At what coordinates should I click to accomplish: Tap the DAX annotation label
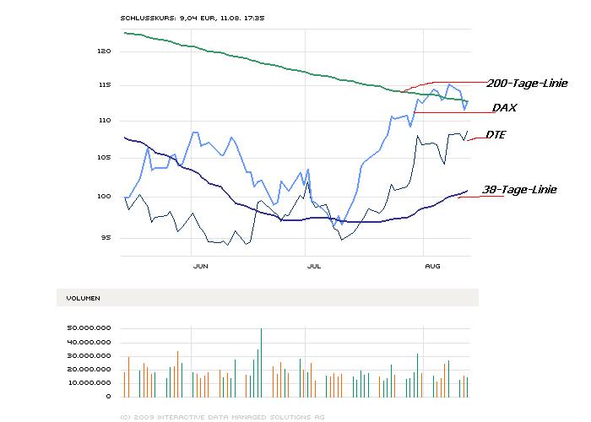505,108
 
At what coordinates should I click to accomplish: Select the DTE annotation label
496,134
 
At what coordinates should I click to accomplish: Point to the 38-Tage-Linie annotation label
518,190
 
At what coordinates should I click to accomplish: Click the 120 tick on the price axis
104,51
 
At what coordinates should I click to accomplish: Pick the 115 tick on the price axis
104,85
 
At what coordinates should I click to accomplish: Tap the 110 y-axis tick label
104,121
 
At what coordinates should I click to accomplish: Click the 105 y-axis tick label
104,158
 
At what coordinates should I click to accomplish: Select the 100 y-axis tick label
104,197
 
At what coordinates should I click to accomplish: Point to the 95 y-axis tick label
106,237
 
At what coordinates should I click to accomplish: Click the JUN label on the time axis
201,266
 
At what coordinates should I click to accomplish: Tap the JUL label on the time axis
313,266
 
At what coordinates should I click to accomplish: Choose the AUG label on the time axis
432,266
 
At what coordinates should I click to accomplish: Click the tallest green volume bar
262,362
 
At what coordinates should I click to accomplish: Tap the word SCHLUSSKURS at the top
148,17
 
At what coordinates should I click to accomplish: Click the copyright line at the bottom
222,416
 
